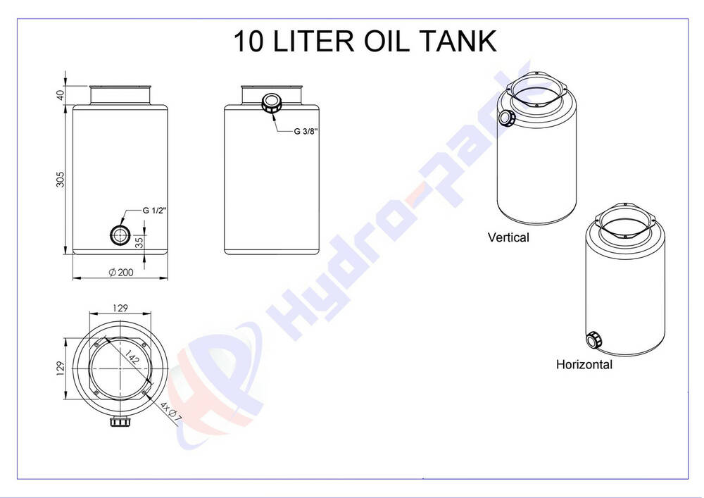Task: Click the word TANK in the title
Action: pos(458,41)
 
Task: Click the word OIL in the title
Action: pos(386,41)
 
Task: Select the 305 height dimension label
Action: pos(61,179)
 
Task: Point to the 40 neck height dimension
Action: pos(61,95)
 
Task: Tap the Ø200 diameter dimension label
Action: pos(121,272)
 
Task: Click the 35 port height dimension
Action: pos(139,242)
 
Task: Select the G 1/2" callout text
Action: pos(155,210)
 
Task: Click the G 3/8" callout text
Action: pos(306,131)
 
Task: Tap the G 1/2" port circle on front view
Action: pos(120,235)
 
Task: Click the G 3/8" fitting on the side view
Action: pos(271,103)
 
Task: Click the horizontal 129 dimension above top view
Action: pos(120,308)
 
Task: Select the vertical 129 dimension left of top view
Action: pos(61,368)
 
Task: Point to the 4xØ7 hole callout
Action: pos(171,412)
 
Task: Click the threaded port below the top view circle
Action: pos(120,421)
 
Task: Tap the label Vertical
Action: pos(508,237)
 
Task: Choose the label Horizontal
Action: pos(584,364)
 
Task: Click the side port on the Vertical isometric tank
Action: pos(507,118)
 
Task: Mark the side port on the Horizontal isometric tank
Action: pos(593,340)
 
